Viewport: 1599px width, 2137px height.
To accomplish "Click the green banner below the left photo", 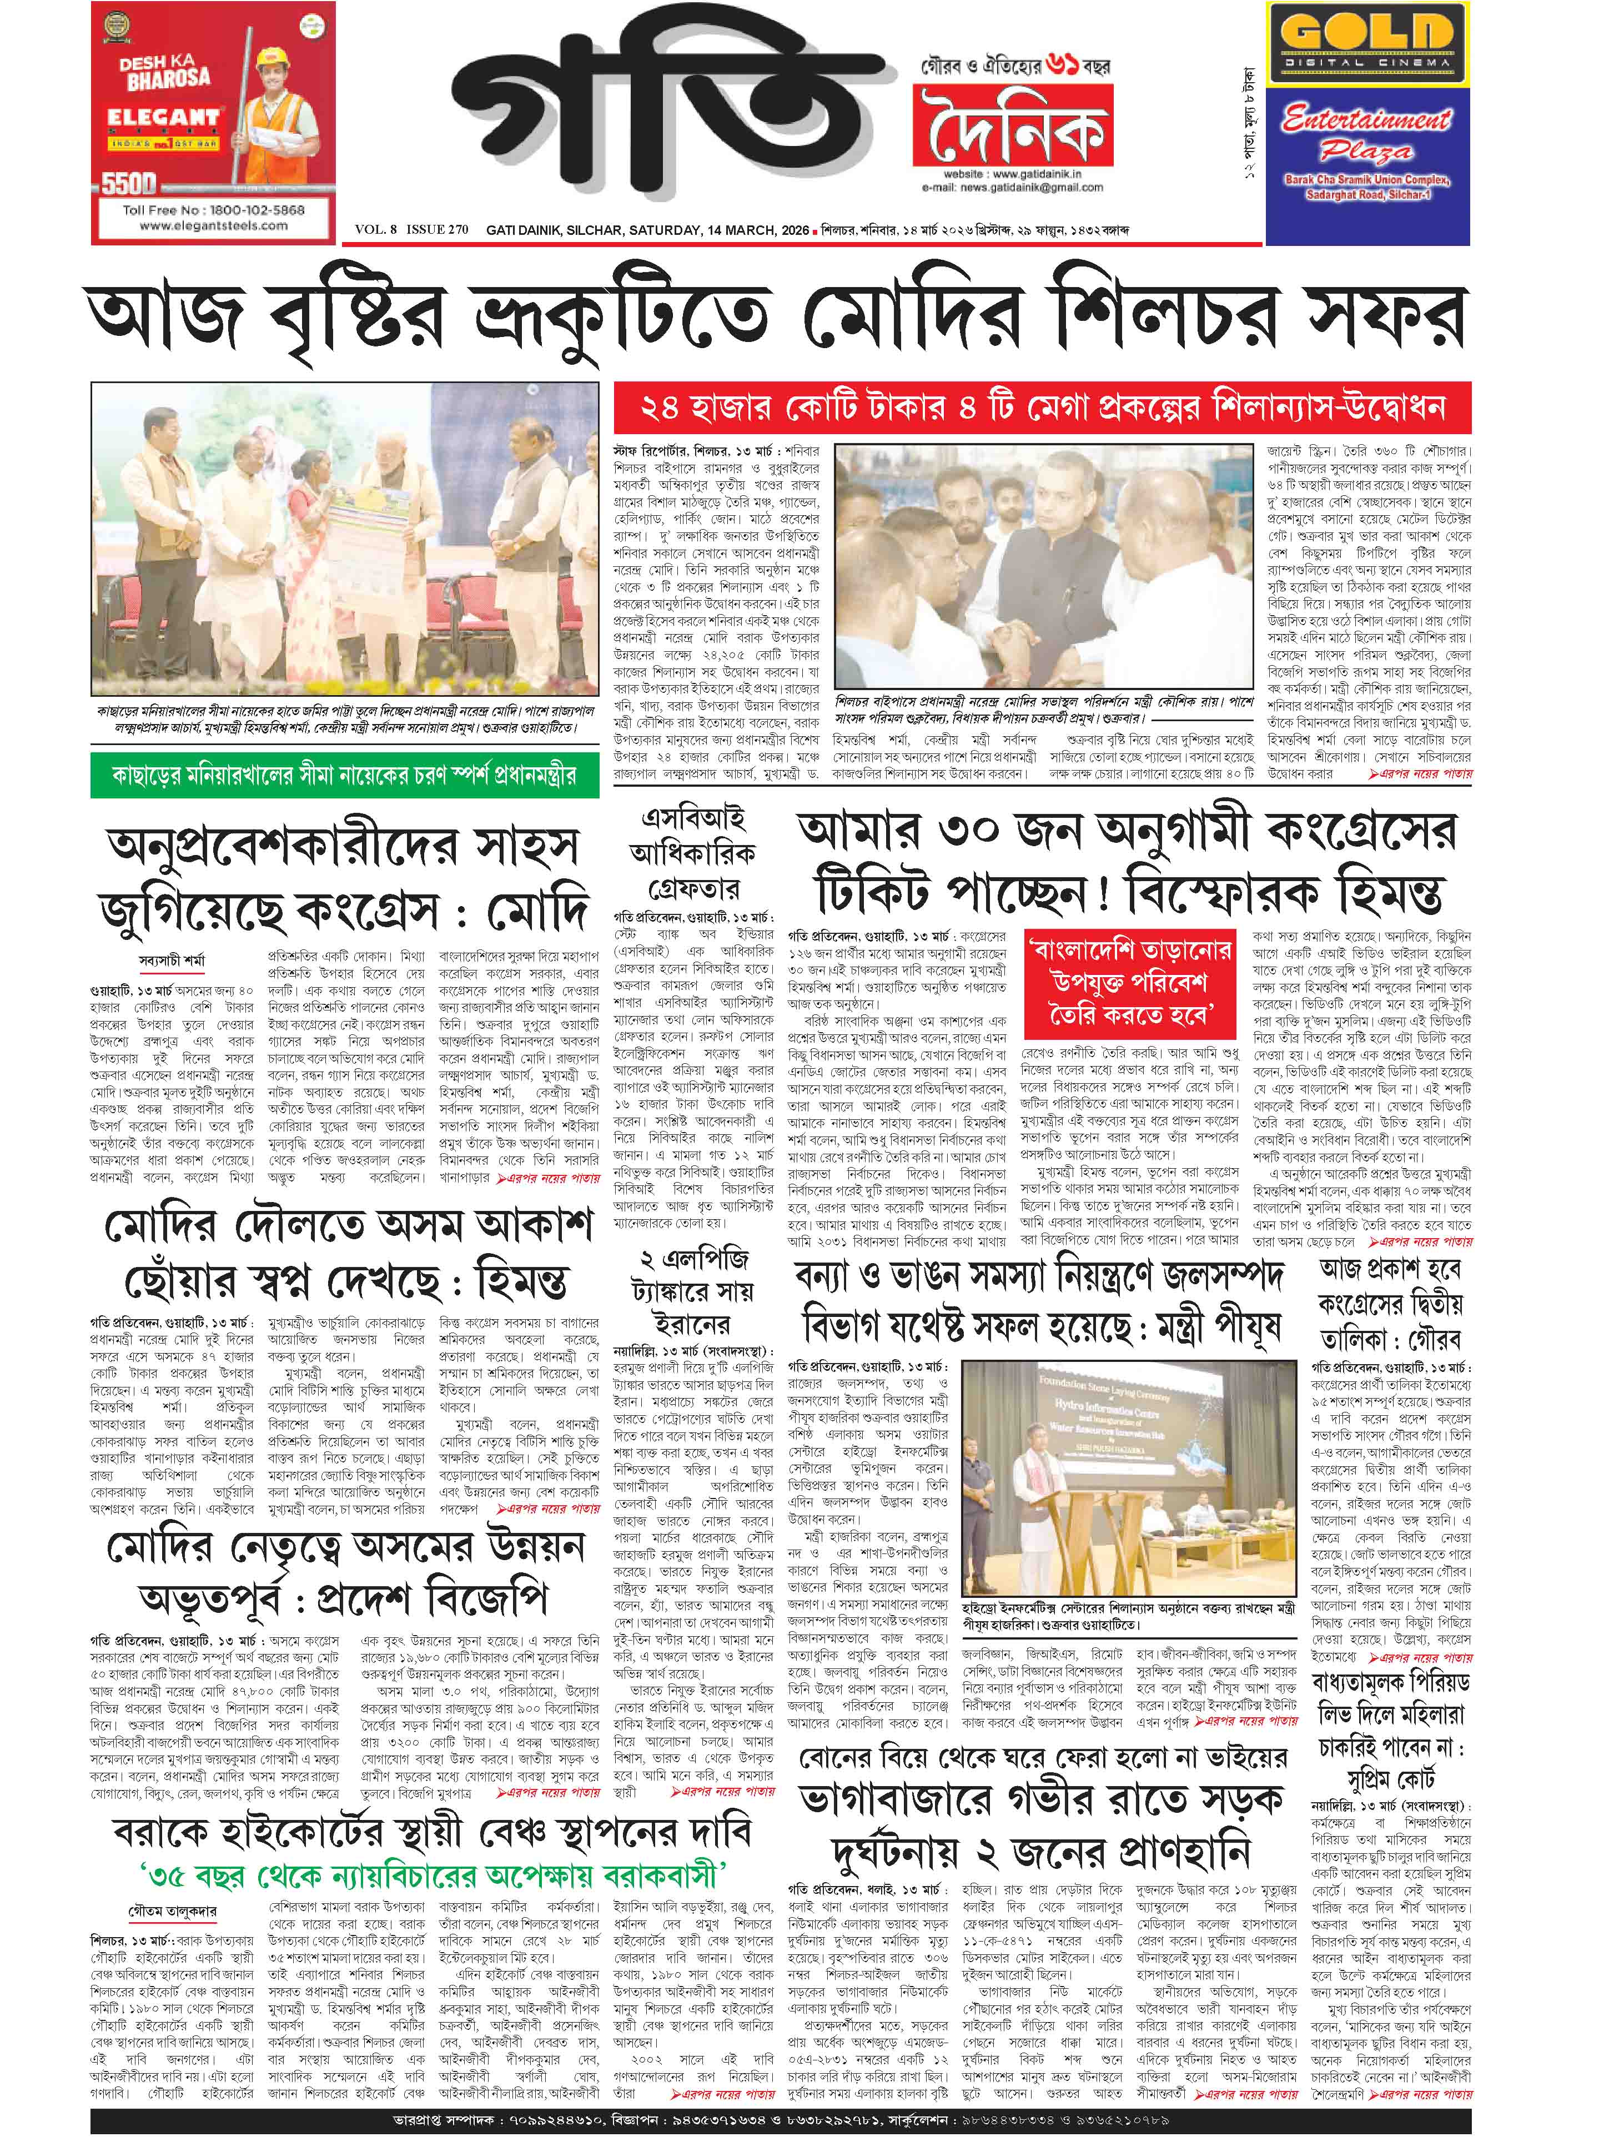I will (344, 775).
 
